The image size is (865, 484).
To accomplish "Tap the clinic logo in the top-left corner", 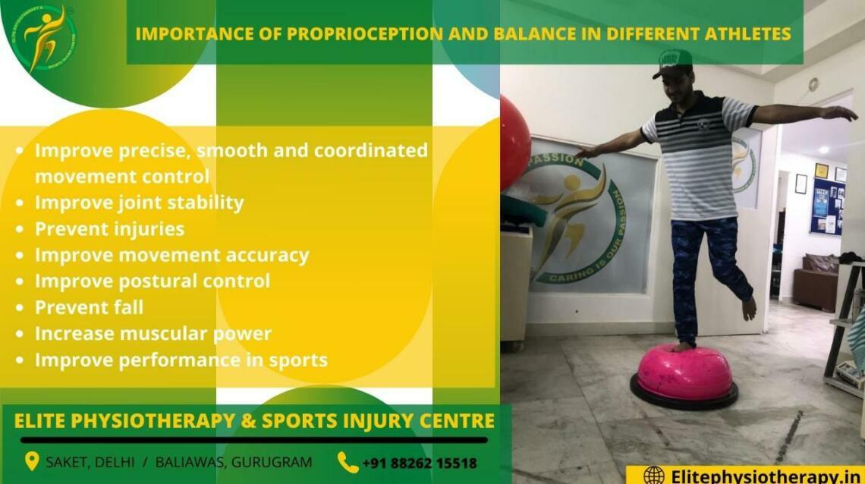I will tap(43, 39).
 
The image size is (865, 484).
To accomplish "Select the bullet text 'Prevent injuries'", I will tap(109, 228).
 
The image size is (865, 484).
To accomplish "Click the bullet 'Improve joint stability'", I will tap(139, 203).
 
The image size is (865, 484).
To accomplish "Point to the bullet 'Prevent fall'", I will tap(89, 307).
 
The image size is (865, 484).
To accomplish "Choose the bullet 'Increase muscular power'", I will tap(153, 334).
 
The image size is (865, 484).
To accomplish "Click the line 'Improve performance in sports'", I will tap(181, 360).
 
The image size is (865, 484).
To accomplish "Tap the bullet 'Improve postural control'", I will tap(152, 281).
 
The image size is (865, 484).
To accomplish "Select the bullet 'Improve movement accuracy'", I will tap(171, 255).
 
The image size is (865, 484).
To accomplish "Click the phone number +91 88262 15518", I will tap(419, 462).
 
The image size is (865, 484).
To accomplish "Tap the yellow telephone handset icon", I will tap(348, 462).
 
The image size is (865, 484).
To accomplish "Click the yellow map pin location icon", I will tap(32, 461).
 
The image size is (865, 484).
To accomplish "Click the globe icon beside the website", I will tap(653, 476).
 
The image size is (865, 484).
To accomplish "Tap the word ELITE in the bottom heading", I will tap(45, 420).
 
